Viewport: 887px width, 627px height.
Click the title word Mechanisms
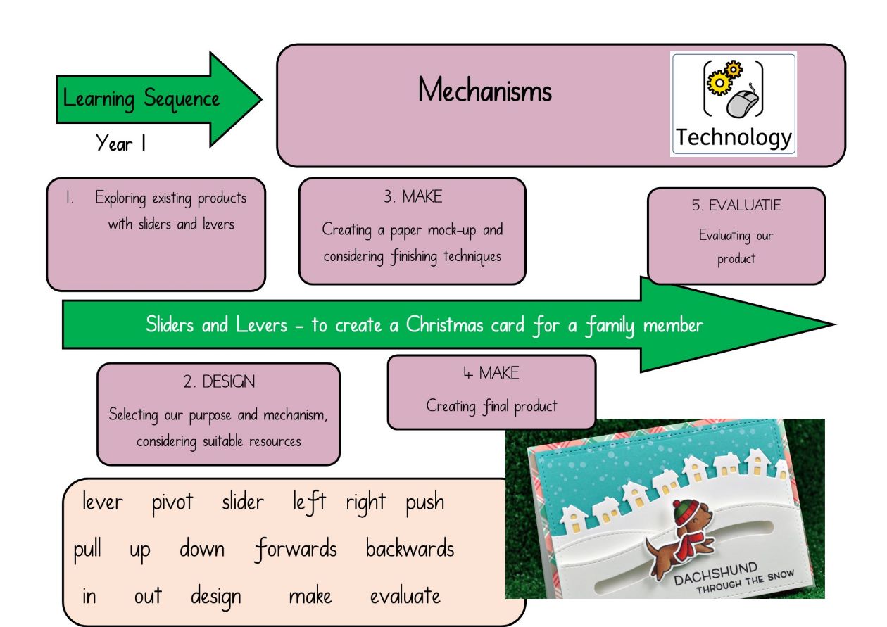(x=484, y=90)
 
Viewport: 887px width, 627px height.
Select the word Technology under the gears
(x=734, y=137)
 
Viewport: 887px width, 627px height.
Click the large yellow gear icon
(x=719, y=82)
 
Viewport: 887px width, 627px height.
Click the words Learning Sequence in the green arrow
(x=141, y=99)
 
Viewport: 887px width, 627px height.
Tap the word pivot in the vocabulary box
(x=172, y=502)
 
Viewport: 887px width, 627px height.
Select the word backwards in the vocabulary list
(x=410, y=549)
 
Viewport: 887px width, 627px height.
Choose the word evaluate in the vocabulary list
(x=405, y=596)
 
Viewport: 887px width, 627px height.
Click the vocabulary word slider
(x=243, y=501)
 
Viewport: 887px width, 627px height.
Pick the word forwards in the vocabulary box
(x=296, y=550)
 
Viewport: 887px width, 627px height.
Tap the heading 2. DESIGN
(x=219, y=381)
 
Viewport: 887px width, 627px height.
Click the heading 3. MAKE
(x=413, y=197)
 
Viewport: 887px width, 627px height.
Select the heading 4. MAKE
(x=491, y=373)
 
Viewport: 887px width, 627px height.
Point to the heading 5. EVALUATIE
(x=736, y=205)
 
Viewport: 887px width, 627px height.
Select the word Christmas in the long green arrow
(x=445, y=325)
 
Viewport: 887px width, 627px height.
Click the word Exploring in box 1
(x=120, y=198)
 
